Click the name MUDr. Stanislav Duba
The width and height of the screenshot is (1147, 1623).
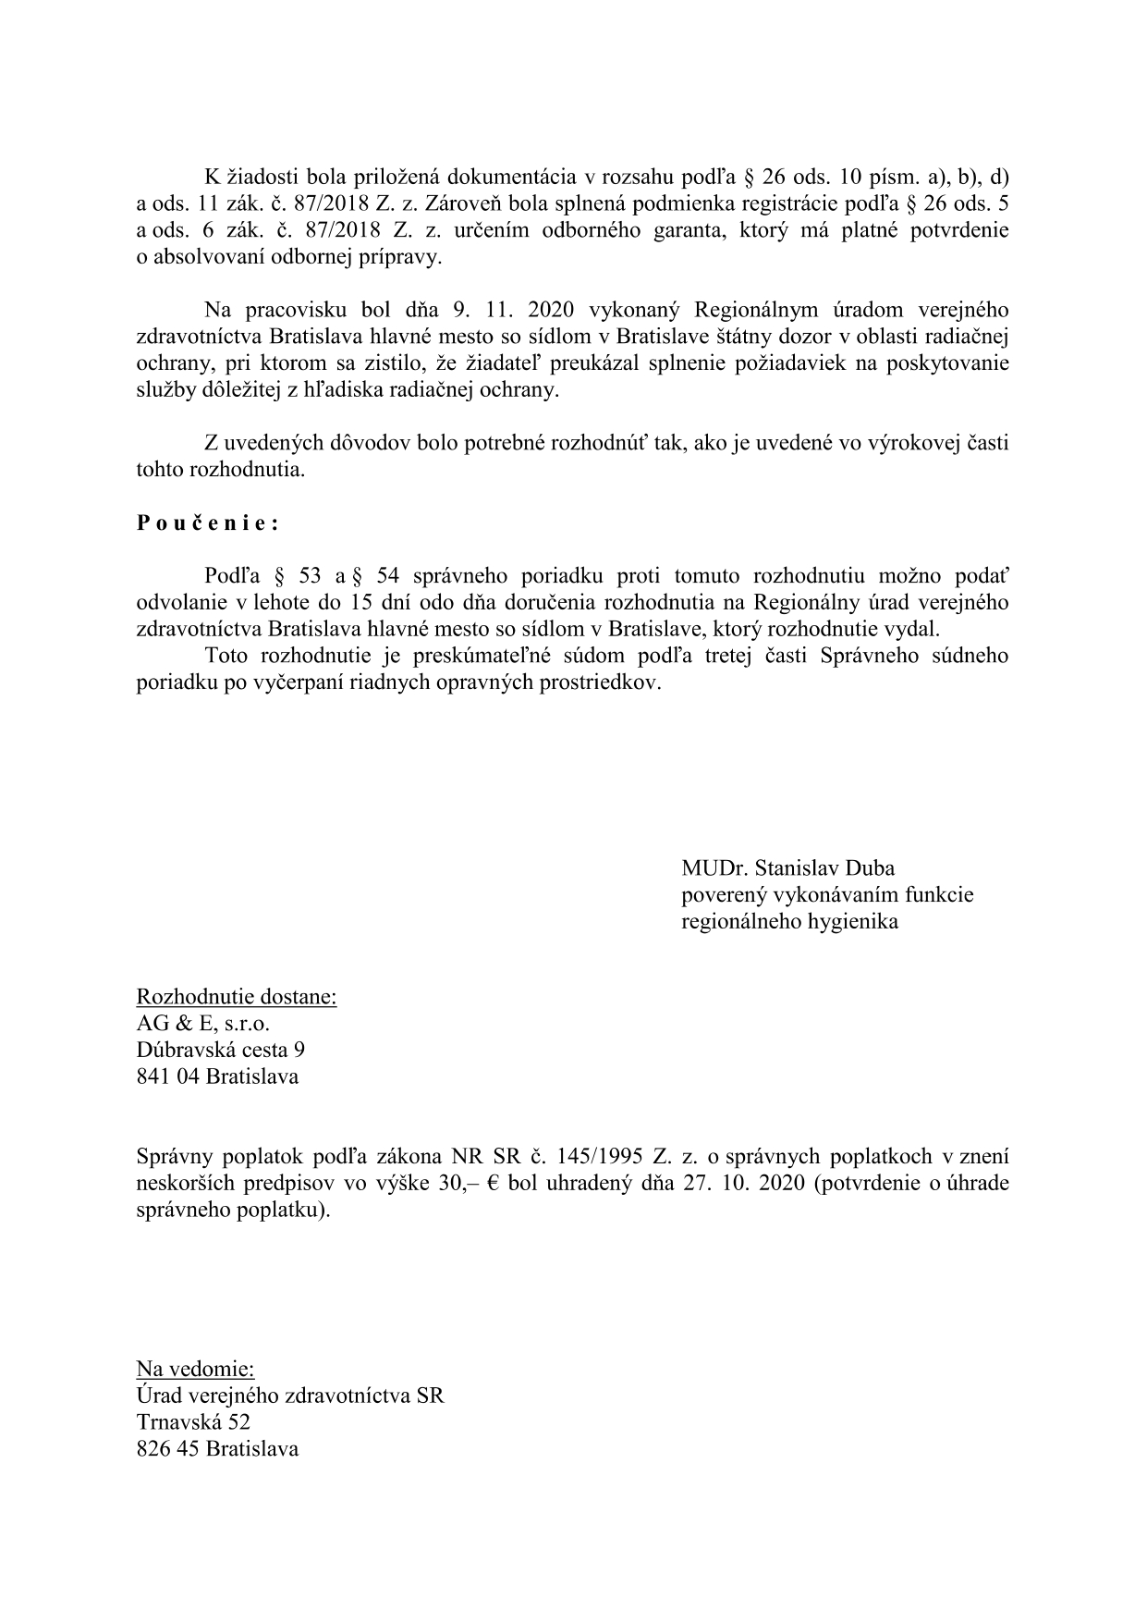(787, 868)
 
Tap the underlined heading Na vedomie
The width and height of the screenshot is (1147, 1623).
(195, 1369)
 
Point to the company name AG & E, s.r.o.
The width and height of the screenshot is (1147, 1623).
(203, 1024)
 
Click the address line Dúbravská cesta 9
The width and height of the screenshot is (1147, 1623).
(221, 1051)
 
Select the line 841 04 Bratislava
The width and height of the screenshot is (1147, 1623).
(217, 1076)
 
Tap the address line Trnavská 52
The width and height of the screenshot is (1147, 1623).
(193, 1422)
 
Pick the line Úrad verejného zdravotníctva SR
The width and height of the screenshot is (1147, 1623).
(290, 1396)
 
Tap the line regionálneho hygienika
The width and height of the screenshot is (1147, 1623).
(789, 922)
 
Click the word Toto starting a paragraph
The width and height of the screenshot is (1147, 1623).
(229, 657)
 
